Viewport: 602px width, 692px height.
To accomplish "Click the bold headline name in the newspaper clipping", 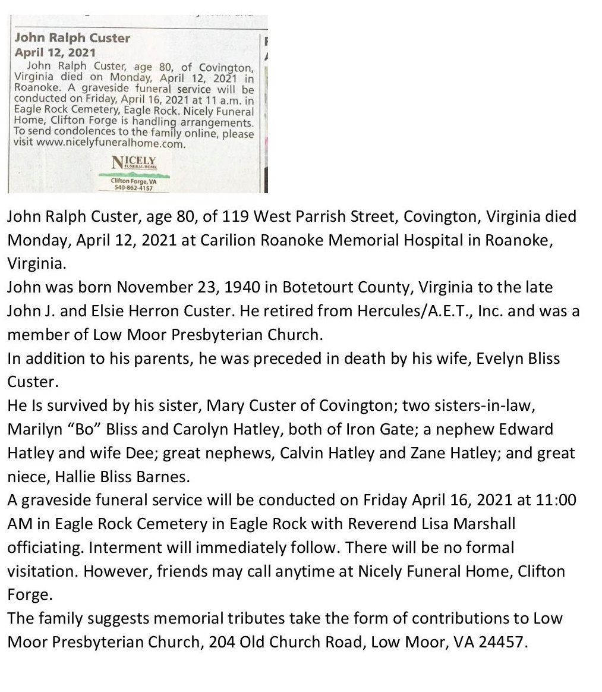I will tap(72, 38).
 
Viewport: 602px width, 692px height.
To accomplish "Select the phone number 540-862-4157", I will tap(134, 188).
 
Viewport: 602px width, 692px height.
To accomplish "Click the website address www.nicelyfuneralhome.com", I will tap(111, 143).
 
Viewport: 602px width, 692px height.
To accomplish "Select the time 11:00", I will tap(556, 500).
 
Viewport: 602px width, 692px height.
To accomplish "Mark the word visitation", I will tap(41, 571).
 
